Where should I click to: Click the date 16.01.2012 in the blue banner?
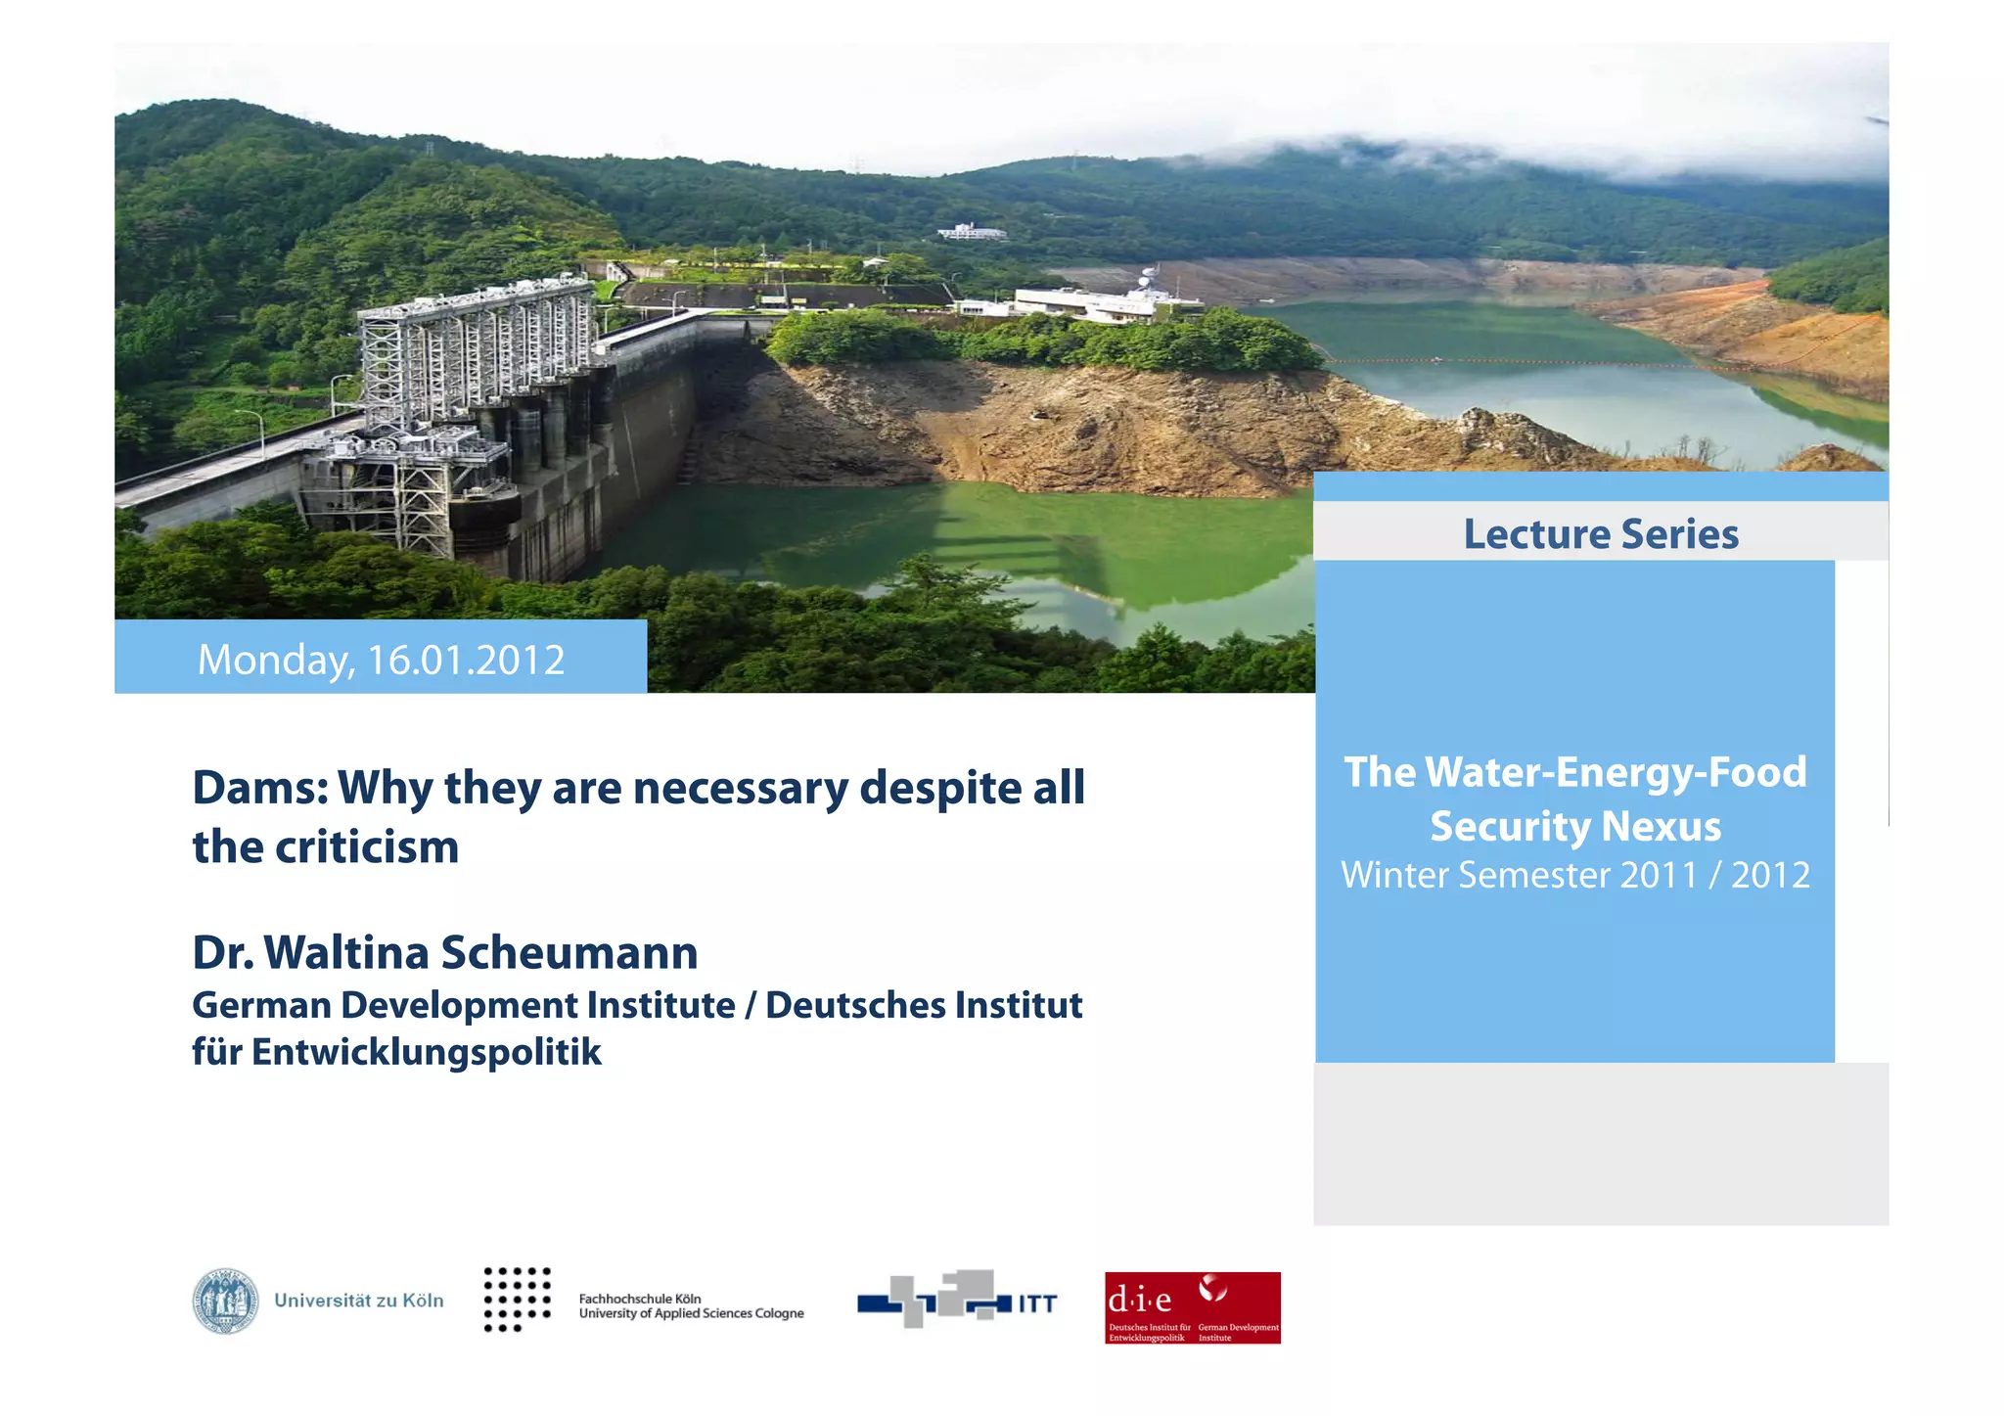[x=466, y=661]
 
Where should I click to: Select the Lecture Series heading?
[x=1601, y=534]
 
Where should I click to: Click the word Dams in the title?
[x=259, y=788]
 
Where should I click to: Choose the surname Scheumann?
[x=569, y=953]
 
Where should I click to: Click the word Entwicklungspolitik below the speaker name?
[x=426, y=1052]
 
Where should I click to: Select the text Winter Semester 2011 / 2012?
[x=1575, y=875]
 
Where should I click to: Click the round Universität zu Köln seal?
[x=225, y=1302]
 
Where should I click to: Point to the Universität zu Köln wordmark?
[x=359, y=1301]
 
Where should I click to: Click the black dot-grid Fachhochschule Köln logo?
[x=518, y=1299]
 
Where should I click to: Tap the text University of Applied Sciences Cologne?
[x=691, y=1313]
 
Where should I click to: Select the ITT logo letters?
[x=1037, y=1303]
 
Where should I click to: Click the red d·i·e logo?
[x=1192, y=1307]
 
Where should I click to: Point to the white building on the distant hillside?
[x=972, y=232]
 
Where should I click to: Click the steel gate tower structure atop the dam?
[x=477, y=352]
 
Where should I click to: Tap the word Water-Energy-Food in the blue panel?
[x=1616, y=773]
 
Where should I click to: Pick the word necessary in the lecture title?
[x=740, y=788]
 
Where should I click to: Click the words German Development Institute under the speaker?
[x=463, y=1006]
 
